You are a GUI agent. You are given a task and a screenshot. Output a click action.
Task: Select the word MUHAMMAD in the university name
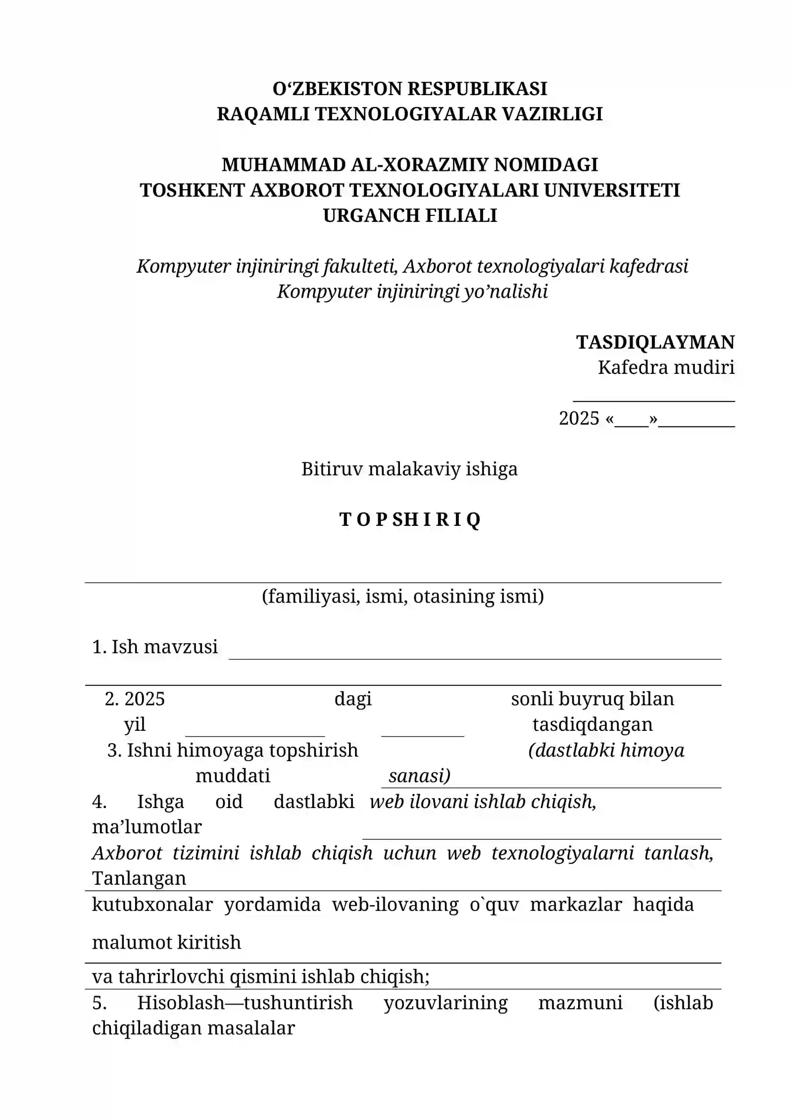pyautogui.click(x=283, y=164)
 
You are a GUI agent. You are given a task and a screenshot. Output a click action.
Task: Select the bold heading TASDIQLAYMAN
pyautogui.click(x=655, y=342)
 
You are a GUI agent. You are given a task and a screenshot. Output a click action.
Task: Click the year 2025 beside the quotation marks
pyautogui.click(x=579, y=418)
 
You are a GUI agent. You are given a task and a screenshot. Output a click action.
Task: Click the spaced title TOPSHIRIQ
pyautogui.click(x=410, y=519)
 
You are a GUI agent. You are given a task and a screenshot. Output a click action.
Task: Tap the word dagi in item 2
pyautogui.click(x=353, y=699)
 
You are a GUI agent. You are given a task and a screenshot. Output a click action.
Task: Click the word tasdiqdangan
pyautogui.click(x=592, y=724)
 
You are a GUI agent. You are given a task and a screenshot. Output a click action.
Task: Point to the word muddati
pyautogui.click(x=233, y=775)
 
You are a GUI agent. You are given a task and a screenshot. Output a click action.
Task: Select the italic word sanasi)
pyautogui.click(x=419, y=775)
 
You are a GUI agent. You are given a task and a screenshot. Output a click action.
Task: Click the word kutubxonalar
pyautogui.click(x=152, y=904)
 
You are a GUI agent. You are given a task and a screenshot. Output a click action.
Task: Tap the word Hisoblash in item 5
pyautogui.click(x=180, y=1003)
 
